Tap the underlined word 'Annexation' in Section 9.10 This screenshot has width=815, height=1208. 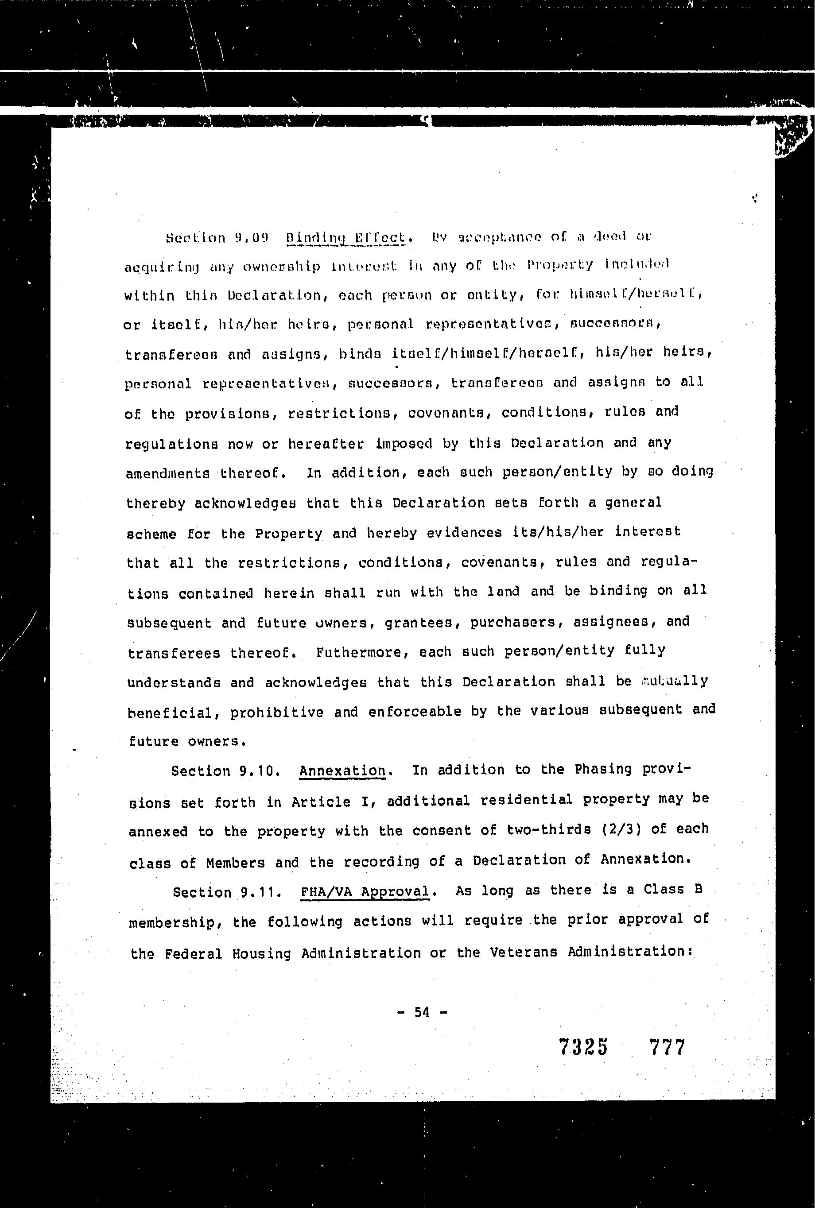tap(342, 770)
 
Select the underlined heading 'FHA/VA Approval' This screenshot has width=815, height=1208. tap(365, 891)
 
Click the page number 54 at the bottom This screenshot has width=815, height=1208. tap(422, 1012)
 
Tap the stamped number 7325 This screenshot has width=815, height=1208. tap(582, 1047)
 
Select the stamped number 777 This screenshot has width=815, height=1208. tap(667, 1047)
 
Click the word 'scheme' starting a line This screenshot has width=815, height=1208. tap(151, 534)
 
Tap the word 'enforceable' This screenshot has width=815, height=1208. tap(415, 711)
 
